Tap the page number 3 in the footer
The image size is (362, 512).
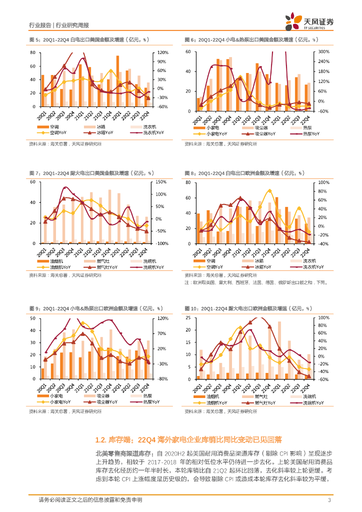point(329,500)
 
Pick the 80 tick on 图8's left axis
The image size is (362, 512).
point(188,182)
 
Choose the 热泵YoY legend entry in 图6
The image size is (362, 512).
point(299,133)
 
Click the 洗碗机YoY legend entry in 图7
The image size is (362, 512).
point(142,267)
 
